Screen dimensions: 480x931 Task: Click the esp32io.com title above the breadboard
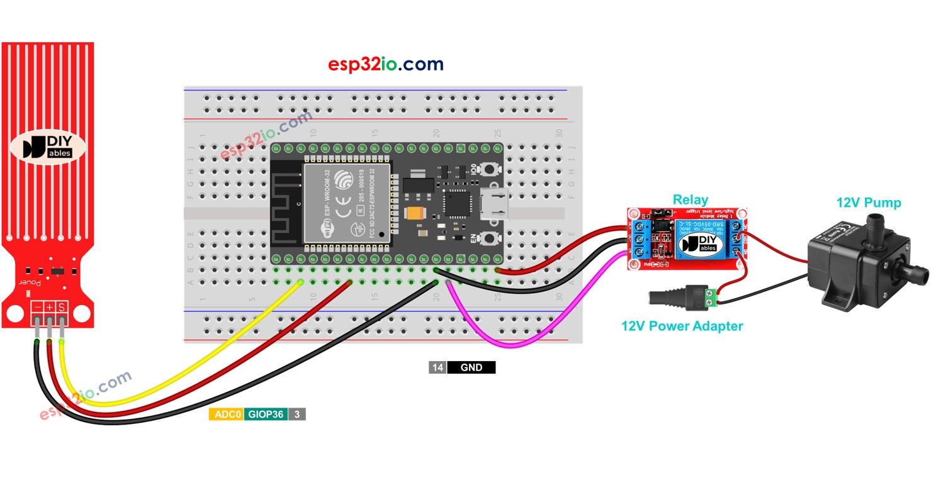point(385,64)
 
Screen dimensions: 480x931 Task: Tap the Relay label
point(690,200)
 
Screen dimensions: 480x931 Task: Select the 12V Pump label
point(868,203)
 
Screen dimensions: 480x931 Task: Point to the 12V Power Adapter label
point(682,326)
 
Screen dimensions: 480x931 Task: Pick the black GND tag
point(471,367)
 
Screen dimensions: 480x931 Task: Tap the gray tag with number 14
point(437,367)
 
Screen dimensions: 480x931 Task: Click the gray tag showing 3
point(296,415)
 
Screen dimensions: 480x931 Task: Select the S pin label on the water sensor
point(62,308)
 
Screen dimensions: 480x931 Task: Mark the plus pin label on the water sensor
point(49,308)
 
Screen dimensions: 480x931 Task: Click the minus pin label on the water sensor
point(37,308)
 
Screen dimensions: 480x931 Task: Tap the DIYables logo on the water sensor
point(48,147)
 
